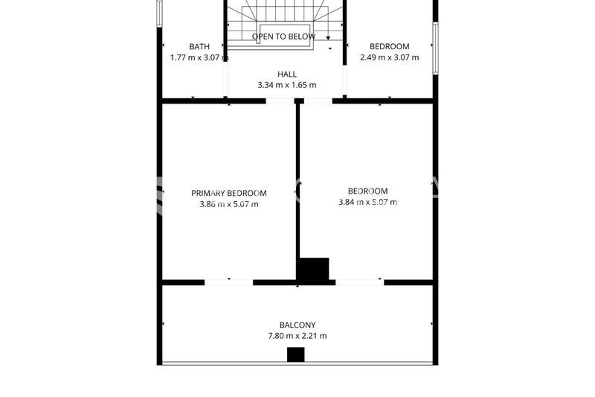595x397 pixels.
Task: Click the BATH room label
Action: pyautogui.click(x=199, y=46)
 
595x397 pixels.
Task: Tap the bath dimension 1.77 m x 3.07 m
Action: pyautogui.click(x=199, y=57)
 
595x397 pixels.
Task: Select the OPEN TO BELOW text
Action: pyautogui.click(x=283, y=36)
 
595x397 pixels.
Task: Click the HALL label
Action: pyautogui.click(x=287, y=74)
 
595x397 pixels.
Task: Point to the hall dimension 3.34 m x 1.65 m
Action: pyautogui.click(x=287, y=85)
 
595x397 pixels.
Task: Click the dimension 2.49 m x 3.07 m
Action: pyautogui.click(x=389, y=57)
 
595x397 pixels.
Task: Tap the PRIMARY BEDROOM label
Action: pyautogui.click(x=229, y=193)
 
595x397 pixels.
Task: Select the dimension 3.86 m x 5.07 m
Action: pyautogui.click(x=229, y=204)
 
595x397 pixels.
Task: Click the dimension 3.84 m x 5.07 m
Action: pyautogui.click(x=367, y=202)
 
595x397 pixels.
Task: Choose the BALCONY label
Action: pyautogui.click(x=297, y=325)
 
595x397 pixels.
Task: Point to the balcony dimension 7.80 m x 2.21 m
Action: pyautogui.click(x=297, y=336)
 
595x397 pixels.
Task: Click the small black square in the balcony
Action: pyautogui.click(x=295, y=355)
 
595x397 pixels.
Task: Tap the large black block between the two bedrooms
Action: pyautogui.click(x=312, y=270)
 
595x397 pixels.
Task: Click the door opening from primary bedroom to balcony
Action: pyautogui.click(x=229, y=282)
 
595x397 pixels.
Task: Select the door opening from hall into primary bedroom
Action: pyautogui.click(x=280, y=101)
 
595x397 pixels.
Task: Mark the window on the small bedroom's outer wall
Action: pyautogui.click(x=436, y=48)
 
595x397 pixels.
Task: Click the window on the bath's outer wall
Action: pyautogui.click(x=159, y=13)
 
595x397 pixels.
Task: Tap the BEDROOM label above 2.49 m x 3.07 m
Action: pyautogui.click(x=389, y=46)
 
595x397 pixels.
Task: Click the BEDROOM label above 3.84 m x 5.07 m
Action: pyautogui.click(x=367, y=191)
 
